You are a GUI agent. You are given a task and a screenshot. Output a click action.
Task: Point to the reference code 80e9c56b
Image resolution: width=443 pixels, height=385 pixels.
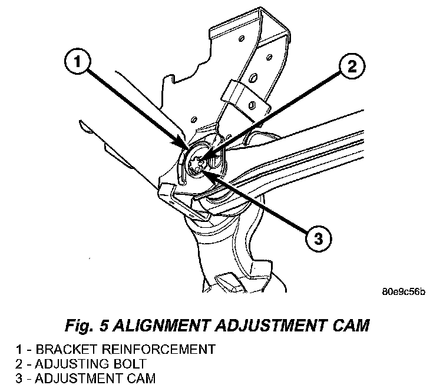click(x=403, y=291)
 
